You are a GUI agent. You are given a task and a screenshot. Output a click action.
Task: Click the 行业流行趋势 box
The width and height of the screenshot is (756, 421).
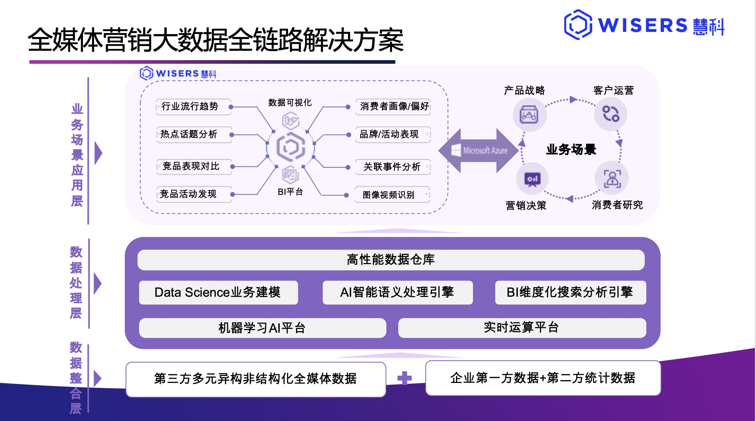[193, 107]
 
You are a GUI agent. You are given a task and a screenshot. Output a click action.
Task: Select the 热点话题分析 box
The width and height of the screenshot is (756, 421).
[194, 134]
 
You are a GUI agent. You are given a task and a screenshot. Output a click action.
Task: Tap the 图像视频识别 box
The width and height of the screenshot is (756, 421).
[392, 195]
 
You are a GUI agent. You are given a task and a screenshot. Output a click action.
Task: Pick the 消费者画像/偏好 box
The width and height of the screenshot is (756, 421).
[393, 107]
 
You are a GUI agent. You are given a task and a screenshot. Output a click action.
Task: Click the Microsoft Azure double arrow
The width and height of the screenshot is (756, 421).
[478, 150]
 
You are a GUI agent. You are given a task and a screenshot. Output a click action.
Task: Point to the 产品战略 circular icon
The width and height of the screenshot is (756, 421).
[529, 115]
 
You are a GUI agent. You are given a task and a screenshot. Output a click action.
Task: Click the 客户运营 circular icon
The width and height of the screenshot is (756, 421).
[611, 114]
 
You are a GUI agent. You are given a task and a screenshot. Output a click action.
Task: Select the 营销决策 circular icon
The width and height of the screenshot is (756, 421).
[532, 179]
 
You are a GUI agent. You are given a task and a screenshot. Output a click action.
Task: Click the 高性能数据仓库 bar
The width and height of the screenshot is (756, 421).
[391, 260]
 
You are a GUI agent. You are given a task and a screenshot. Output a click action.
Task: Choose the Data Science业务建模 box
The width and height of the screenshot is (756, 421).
[218, 292]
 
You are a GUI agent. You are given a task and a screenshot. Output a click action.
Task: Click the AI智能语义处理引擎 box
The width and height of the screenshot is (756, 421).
[397, 292]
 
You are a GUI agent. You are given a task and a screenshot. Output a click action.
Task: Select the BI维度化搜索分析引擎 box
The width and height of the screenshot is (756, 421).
[570, 292]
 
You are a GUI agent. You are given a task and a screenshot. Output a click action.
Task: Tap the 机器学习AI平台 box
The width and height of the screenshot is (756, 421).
[262, 328]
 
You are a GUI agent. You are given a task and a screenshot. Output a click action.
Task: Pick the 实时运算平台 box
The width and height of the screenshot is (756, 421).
[522, 328]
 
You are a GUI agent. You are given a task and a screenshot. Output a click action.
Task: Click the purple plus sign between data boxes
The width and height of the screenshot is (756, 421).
[404, 378]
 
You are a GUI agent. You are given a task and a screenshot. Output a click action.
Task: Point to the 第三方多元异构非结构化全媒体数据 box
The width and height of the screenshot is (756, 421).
[256, 379]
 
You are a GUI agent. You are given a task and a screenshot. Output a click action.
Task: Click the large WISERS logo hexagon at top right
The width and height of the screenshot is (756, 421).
[578, 25]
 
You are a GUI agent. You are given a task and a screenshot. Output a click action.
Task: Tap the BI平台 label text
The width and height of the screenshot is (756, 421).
[290, 192]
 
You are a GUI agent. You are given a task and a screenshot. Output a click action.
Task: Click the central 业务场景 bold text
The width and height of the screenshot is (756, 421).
[571, 149]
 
